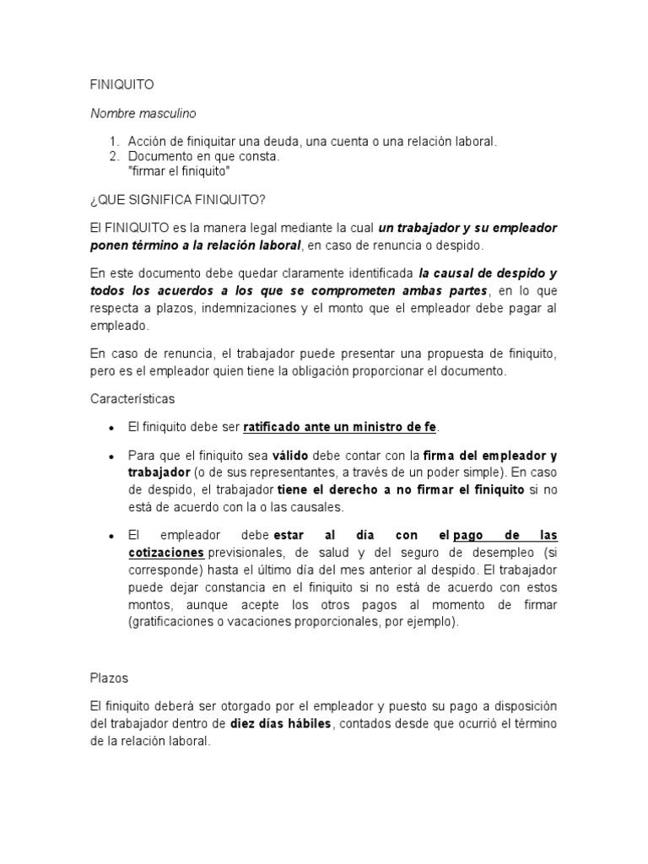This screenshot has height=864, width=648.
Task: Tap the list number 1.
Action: (114, 142)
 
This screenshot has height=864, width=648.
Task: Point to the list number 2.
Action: (114, 156)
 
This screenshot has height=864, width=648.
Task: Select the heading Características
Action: (132, 397)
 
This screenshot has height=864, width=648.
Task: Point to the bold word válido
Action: (292, 456)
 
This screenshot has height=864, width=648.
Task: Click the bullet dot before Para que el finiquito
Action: (111, 456)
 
